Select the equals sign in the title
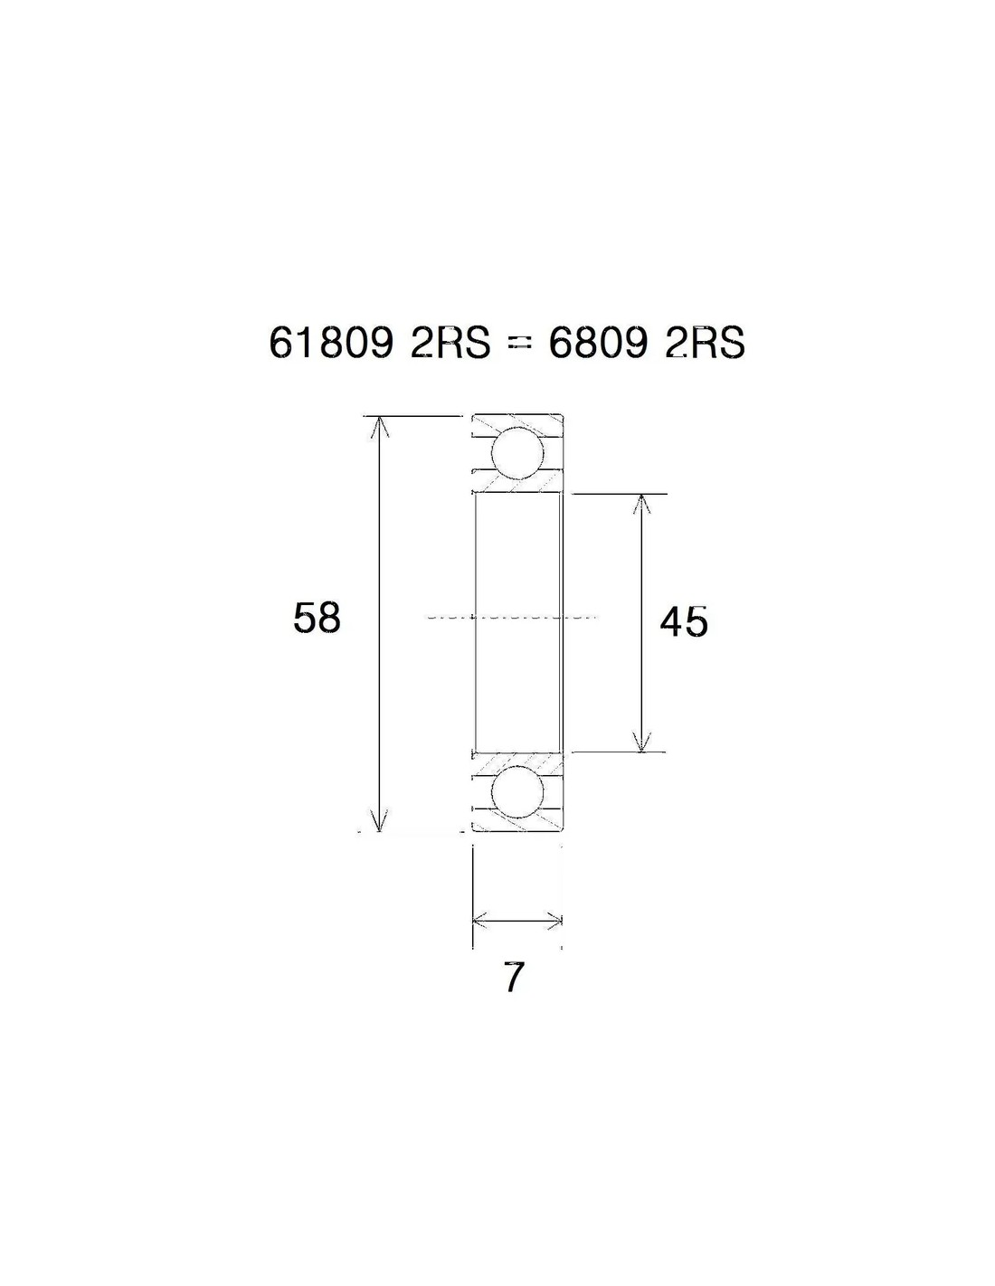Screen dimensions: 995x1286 [519, 345]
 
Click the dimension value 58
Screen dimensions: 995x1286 [317, 618]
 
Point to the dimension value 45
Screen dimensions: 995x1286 [684, 622]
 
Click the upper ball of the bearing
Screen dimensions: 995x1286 [517, 453]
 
